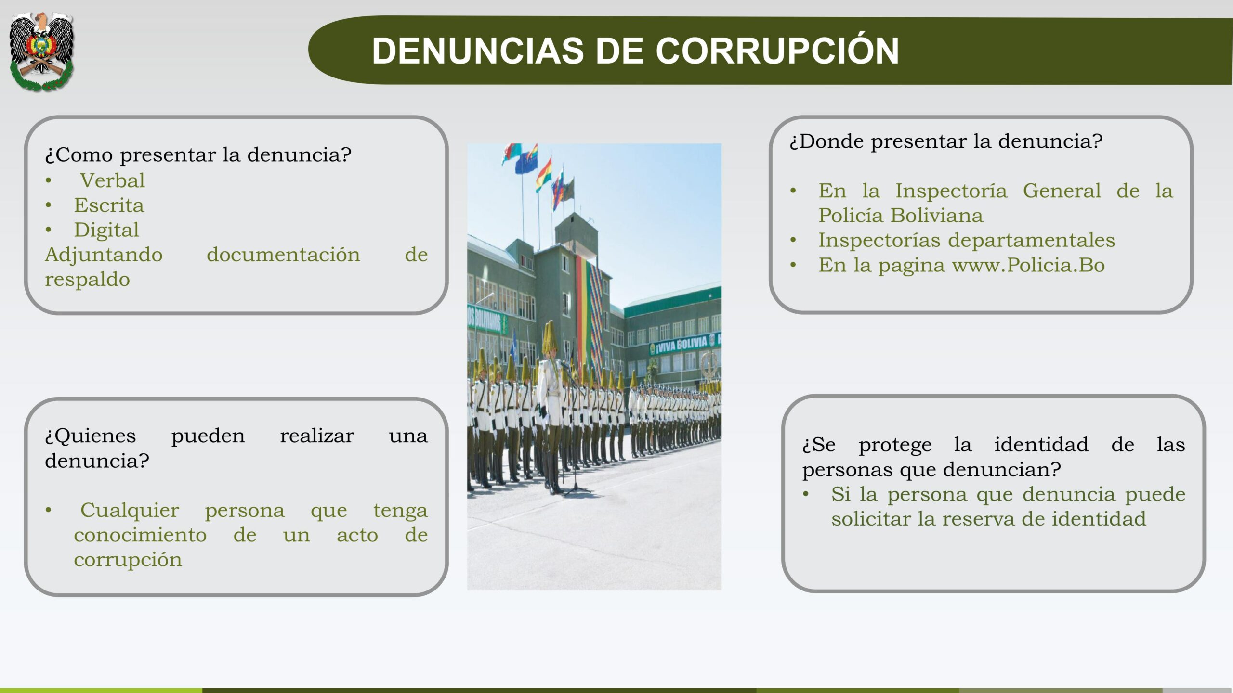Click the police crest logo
click(x=42, y=51)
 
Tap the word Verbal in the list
click(x=112, y=180)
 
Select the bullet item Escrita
click(x=109, y=205)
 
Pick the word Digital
click(x=106, y=230)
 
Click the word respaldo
click(x=87, y=280)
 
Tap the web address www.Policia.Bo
click(x=1028, y=265)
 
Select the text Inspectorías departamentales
click(x=967, y=240)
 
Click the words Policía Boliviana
click(x=901, y=215)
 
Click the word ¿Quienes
click(x=91, y=436)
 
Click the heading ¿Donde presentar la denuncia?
click(x=946, y=141)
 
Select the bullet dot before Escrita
click(x=49, y=205)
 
